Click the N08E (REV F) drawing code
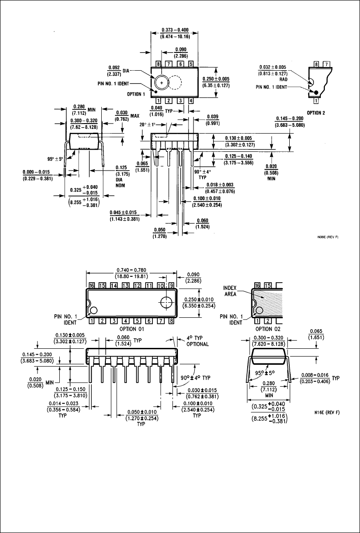click(x=328, y=237)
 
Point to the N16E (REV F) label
click(x=327, y=413)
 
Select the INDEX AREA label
click(x=230, y=290)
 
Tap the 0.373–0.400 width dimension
click(x=175, y=30)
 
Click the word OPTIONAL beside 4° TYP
click(x=198, y=344)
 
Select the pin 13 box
click(x=125, y=285)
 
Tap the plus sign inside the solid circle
click(x=162, y=83)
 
